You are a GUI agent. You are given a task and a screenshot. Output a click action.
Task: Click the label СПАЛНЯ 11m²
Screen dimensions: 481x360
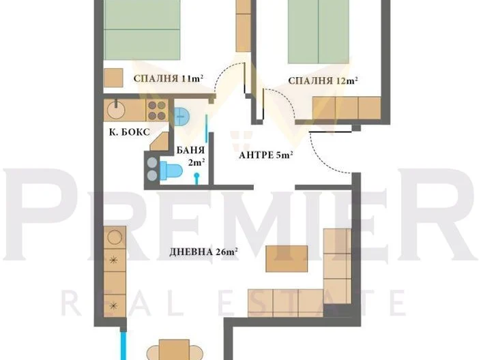(x=169, y=78)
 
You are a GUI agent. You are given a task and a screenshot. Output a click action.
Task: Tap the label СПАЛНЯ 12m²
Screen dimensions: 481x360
(x=323, y=80)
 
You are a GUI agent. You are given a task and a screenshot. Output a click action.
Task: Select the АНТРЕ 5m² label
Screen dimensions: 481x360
(x=265, y=155)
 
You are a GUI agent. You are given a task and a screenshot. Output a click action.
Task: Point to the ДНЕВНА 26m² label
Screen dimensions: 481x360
(x=204, y=252)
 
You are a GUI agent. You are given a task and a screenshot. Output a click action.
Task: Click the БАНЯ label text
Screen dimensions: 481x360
(x=190, y=150)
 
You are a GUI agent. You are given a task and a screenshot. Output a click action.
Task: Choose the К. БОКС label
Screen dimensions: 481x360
(x=130, y=132)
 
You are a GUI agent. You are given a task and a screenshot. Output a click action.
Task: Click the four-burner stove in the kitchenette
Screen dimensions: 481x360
(x=157, y=110)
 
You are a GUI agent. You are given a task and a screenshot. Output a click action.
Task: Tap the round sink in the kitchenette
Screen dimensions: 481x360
(x=116, y=110)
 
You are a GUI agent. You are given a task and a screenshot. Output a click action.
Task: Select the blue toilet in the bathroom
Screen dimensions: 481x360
(x=171, y=170)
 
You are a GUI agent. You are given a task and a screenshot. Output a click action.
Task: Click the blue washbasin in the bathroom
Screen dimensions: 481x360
(x=182, y=116)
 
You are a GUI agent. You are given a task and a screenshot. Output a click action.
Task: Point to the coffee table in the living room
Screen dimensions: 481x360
(x=287, y=258)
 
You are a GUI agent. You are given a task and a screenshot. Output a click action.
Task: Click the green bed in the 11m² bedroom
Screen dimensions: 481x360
(x=142, y=30)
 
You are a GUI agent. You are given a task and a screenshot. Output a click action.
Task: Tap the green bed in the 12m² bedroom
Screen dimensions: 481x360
(x=319, y=31)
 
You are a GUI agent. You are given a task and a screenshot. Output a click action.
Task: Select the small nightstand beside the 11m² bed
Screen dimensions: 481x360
(x=113, y=78)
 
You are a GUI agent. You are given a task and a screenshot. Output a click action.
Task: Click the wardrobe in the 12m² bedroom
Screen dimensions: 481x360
(x=347, y=108)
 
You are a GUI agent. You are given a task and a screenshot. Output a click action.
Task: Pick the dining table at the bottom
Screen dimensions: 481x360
(x=174, y=350)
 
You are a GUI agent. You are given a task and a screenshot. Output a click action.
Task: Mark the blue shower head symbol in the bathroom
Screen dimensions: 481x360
(x=196, y=179)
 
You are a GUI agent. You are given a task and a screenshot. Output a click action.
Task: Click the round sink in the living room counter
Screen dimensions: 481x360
(x=115, y=237)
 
